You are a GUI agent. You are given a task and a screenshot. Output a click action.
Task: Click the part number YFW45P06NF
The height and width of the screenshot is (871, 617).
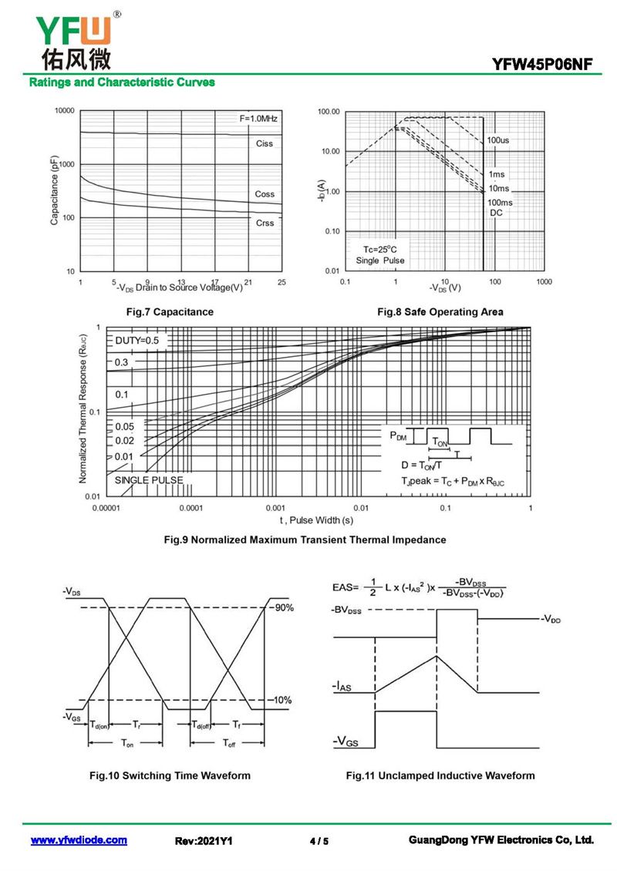point(543,65)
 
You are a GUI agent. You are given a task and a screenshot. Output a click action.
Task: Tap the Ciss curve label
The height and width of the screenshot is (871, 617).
point(265,144)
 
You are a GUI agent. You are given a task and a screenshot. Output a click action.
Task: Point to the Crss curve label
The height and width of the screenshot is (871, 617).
point(265,223)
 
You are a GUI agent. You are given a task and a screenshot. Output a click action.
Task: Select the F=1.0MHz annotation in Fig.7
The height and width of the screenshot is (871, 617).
point(258,119)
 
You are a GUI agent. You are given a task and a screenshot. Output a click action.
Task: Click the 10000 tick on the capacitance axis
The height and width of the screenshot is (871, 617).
point(63,111)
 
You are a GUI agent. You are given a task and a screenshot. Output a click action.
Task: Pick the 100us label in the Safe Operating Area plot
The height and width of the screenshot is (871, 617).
point(498,140)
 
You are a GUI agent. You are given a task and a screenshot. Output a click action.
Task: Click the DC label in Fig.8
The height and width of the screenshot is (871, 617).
point(496,213)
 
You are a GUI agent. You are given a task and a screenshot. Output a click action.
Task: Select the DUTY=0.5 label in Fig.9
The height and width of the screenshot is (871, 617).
point(137,340)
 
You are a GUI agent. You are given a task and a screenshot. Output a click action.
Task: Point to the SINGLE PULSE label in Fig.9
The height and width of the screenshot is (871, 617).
point(149,480)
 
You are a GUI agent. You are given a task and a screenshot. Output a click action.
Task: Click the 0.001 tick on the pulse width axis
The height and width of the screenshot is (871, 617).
point(275,509)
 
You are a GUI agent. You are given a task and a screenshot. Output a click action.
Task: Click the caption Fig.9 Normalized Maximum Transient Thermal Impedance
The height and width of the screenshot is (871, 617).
point(305,540)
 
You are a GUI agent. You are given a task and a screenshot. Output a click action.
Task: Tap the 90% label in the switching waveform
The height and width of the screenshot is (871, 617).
point(282,608)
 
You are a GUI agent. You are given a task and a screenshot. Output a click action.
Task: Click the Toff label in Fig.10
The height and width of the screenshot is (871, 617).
point(229,743)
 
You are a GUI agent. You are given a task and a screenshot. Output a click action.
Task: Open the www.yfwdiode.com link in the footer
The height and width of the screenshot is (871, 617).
point(79,840)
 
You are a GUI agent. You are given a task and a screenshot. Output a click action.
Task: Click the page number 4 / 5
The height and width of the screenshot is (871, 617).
point(319,841)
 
